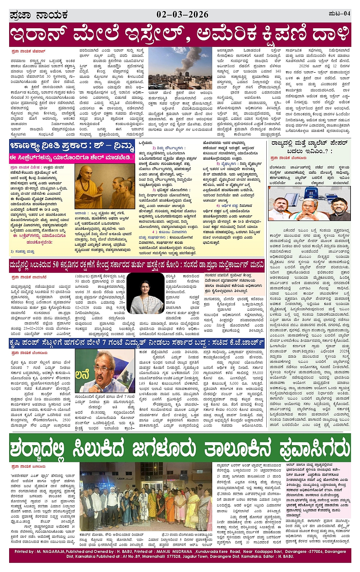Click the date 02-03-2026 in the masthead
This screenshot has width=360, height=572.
tap(182, 15)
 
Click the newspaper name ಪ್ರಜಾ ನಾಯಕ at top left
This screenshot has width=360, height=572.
tap(38, 15)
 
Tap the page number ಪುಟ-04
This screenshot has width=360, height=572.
tap(339, 14)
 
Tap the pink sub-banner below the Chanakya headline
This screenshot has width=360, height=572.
tap(72, 157)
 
